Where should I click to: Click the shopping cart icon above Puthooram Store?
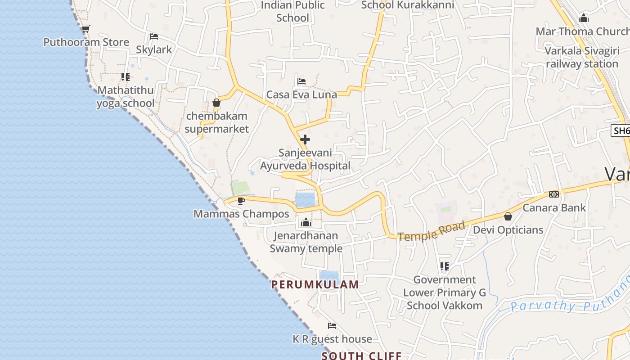click(x=85, y=29)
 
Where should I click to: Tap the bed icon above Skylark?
click(x=153, y=36)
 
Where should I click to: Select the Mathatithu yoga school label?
click(x=126, y=96)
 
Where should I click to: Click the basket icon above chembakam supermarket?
click(x=216, y=103)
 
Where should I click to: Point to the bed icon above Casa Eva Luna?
click(x=301, y=81)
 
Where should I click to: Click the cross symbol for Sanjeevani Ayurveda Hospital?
click(x=305, y=139)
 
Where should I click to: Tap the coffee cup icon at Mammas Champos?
click(x=241, y=201)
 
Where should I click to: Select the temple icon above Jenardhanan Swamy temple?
click(x=306, y=222)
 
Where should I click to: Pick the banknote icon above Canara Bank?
click(x=554, y=194)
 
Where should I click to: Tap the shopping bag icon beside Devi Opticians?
click(x=508, y=217)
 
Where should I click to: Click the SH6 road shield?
click(x=621, y=130)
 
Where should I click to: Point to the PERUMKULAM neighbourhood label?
click(x=315, y=284)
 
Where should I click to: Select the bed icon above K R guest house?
click(x=332, y=325)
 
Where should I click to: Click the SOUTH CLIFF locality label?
click(x=361, y=355)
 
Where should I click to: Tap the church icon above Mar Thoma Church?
click(x=584, y=18)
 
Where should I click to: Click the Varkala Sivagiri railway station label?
click(x=582, y=57)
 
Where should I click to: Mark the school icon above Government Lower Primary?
click(x=445, y=266)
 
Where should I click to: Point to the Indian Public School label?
click(x=292, y=11)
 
